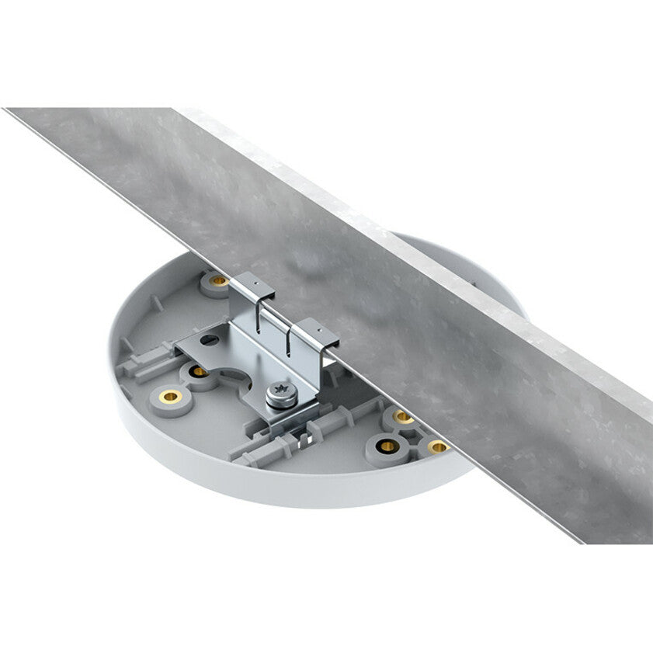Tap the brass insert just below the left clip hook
pyautogui.click(x=218, y=280)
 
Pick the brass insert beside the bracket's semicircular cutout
pyautogui.click(x=200, y=371)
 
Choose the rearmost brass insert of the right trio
pyautogui.click(x=402, y=418)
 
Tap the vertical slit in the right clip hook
pyautogui.click(x=289, y=342)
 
